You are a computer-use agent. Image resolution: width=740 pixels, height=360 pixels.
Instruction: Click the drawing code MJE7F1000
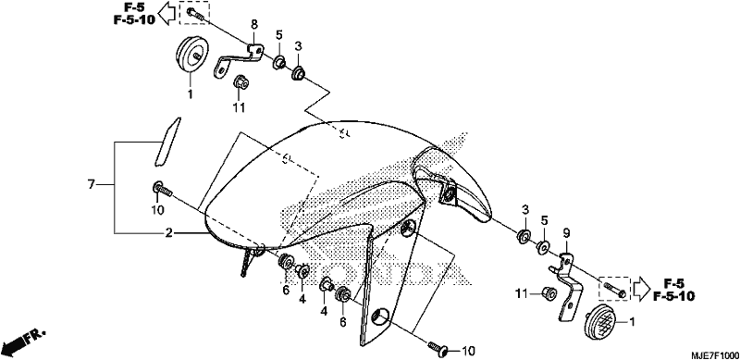pos(715,354)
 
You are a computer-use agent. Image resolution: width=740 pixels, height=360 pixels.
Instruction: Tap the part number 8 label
pos(253,24)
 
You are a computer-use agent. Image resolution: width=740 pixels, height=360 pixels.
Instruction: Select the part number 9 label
pos(566,233)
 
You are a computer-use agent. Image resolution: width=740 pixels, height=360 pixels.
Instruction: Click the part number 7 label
pos(91,184)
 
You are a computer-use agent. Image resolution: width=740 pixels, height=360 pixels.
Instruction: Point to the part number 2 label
pos(168,232)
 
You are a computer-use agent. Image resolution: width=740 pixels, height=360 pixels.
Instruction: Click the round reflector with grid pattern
pos(599,321)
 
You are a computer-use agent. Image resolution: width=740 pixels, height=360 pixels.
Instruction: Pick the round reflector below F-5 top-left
pos(192,56)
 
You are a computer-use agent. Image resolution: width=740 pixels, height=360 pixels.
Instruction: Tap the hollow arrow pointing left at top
pos(167,13)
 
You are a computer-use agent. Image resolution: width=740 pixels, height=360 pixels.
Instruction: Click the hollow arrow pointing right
pos(641,288)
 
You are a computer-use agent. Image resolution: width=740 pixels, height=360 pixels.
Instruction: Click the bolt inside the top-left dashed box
pos(195,13)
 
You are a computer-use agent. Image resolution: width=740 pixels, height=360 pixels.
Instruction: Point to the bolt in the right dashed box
pos(614,290)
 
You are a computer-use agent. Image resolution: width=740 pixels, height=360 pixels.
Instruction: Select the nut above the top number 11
pos(240,82)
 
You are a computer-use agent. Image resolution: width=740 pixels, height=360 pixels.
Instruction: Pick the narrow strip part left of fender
pos(167,142)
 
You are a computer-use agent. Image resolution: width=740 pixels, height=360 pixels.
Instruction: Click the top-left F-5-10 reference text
pos(133,20)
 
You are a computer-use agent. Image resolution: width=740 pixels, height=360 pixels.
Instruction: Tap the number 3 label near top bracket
pos(298,46)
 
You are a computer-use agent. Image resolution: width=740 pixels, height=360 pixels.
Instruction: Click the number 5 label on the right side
pos(544,220)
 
